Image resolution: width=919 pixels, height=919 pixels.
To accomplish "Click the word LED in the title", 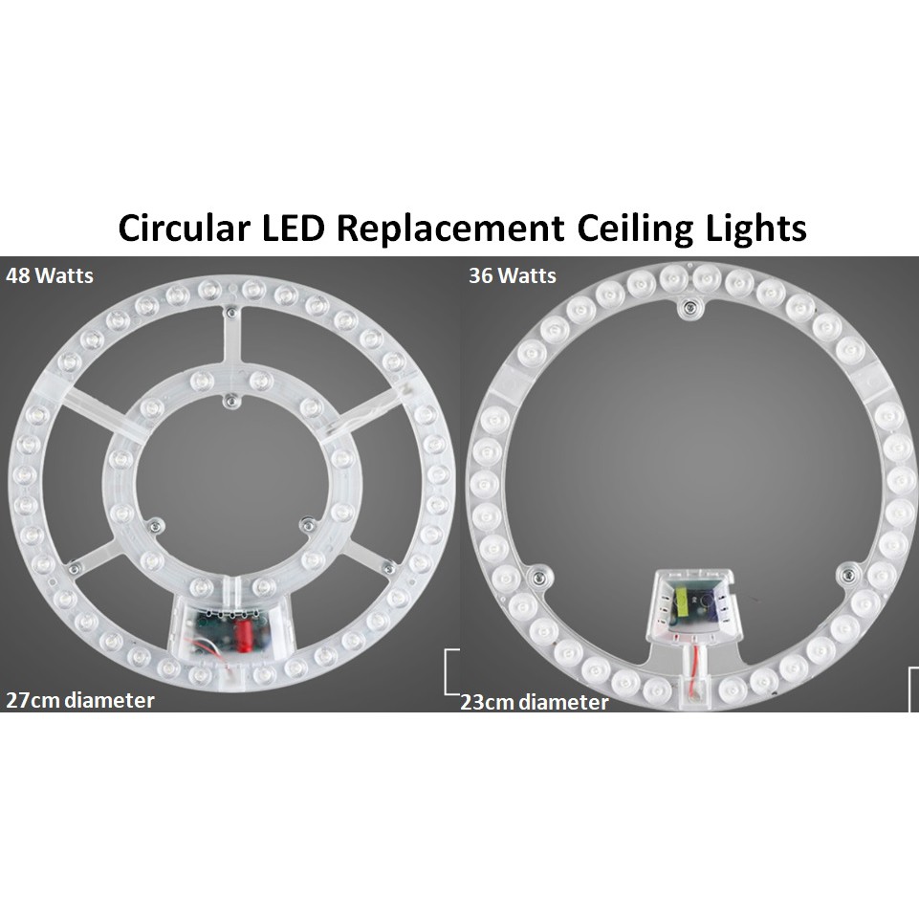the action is pyautogui.click(x=293, y=228).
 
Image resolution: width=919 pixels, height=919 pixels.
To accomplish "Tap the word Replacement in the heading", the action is pyautogui.click(x=450, y=229).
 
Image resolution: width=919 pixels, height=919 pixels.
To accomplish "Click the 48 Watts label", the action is pyautogui.click(x=49, y=275).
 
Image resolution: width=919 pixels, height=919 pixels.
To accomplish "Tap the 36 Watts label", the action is pyautogui.click(x=513, y=275).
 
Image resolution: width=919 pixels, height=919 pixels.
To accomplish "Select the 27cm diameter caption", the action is pyautogui.click(x=79, y=700).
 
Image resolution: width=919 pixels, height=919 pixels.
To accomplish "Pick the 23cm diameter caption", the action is pyautogui.click(x=534, y=702).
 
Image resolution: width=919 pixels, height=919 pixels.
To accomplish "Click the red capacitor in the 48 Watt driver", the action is pyautogui.click(x=243, y=632).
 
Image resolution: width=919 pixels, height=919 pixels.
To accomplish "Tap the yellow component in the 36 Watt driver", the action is pyautogui.click(x=682, y=601).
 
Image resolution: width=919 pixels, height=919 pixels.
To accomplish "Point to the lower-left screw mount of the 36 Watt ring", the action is pyautogui.click(x=536, y=578).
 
